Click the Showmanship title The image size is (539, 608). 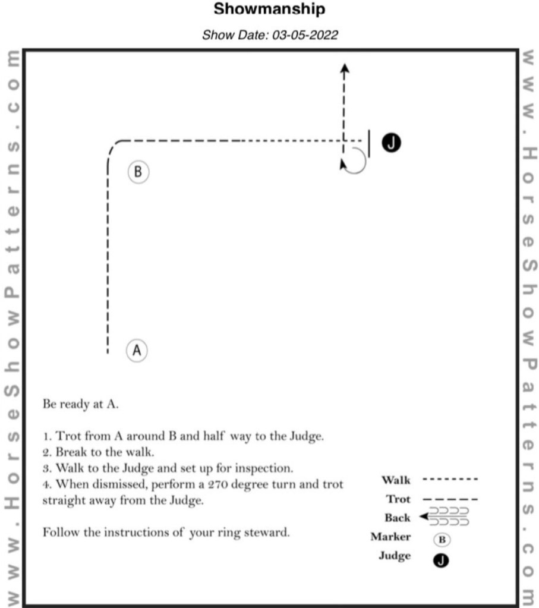click(x=269, y=10)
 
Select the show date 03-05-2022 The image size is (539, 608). click(x=305, y=35)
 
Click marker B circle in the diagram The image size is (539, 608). click(x=138, y=172)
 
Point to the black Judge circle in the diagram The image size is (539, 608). click(x=392, y=142)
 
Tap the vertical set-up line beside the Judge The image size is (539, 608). click(x=369, y=144)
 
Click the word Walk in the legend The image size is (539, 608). click(x=396, y=480)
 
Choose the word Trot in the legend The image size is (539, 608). click(x=398, y=499)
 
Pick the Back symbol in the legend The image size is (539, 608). click(x=445, y=516)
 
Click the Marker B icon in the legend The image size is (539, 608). click(x=443, y=540)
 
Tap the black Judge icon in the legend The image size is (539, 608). click(x=443, y=559)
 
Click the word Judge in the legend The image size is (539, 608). click(x=395, y=556)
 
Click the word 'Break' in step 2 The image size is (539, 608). click(x=71, y=452)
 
